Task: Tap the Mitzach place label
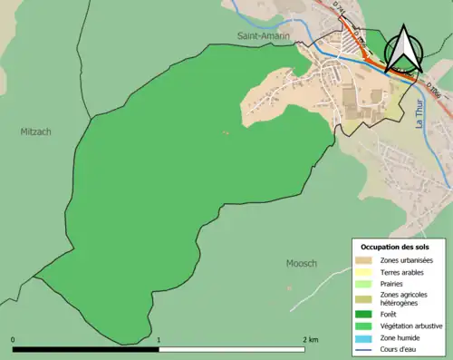coord(36,131)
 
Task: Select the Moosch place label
coord(301,263)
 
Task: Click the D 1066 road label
coord(436,91)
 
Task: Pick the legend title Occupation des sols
coord(395,247)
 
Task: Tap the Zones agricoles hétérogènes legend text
coord(404,298)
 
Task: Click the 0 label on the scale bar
coord(13,339)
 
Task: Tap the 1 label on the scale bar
coord(159,339)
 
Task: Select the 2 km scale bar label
coord(310,339)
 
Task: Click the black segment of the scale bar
coord(86,348)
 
